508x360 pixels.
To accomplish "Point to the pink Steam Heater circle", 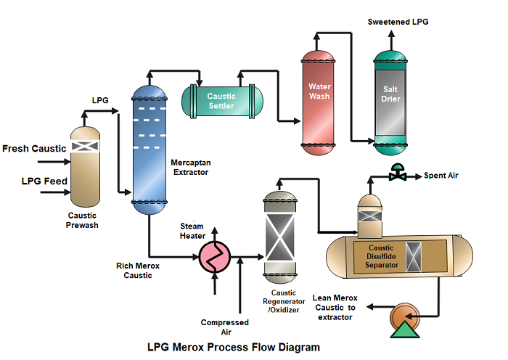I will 214,256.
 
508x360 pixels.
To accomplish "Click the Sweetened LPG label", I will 398,22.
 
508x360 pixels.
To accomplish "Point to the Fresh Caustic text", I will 34,149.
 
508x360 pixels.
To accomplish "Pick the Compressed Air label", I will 225,327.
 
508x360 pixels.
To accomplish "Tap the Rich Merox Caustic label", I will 137,270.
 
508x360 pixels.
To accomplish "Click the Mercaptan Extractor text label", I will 190,168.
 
